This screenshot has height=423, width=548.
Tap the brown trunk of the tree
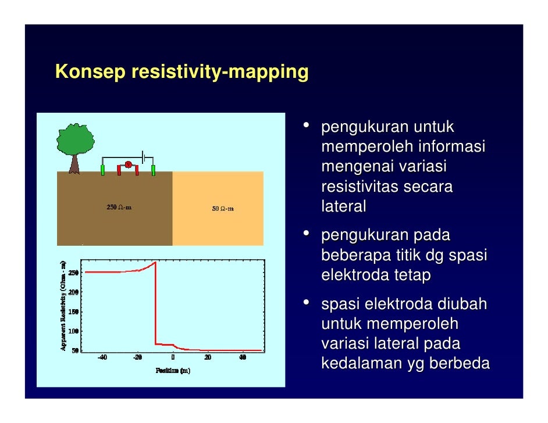[x=74, y=164]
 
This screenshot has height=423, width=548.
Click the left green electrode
[x=103, y=170]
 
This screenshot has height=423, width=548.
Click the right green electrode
[x=154, y=170]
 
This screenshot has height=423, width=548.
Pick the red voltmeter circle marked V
[x=128, y=164]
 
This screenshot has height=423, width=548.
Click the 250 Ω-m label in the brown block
[x=119, y=207]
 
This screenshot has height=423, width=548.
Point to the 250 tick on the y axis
[x=74, y=273]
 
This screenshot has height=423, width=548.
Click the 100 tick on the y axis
[x=74, y=331]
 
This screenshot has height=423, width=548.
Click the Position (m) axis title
[x=172, y=371]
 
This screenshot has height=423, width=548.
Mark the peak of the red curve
[x=155, y=263]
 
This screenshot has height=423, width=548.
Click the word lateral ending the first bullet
[x=343, y=207]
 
